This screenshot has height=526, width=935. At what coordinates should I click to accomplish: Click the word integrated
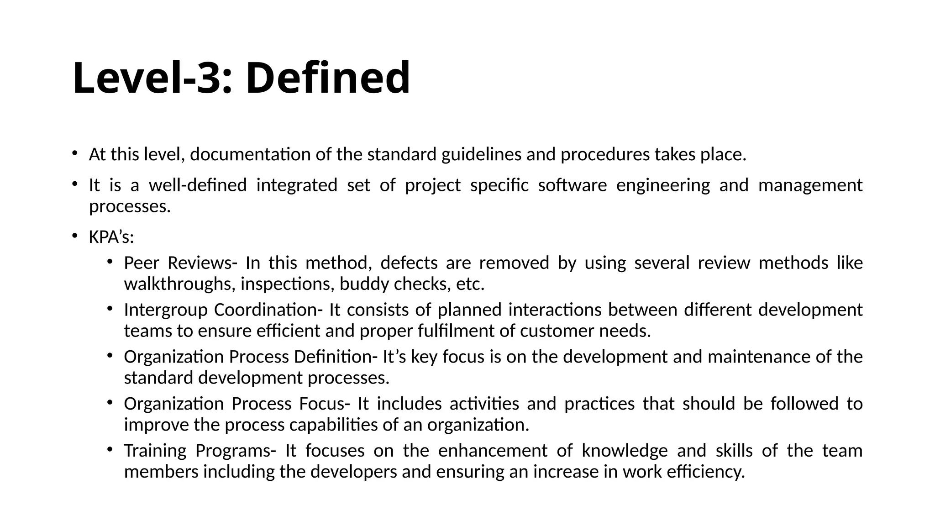coord(297,185)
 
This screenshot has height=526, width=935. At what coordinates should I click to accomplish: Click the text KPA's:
coord(111,237)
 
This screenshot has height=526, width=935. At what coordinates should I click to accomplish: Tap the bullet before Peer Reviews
coord(110,262)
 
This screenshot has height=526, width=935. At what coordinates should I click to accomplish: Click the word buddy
coord(364,284)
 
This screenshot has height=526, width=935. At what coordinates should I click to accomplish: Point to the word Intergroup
coord(166,310)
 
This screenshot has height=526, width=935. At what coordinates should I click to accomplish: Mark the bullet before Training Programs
coord(110,449)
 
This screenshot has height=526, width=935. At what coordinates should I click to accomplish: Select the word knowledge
coord(625,451)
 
